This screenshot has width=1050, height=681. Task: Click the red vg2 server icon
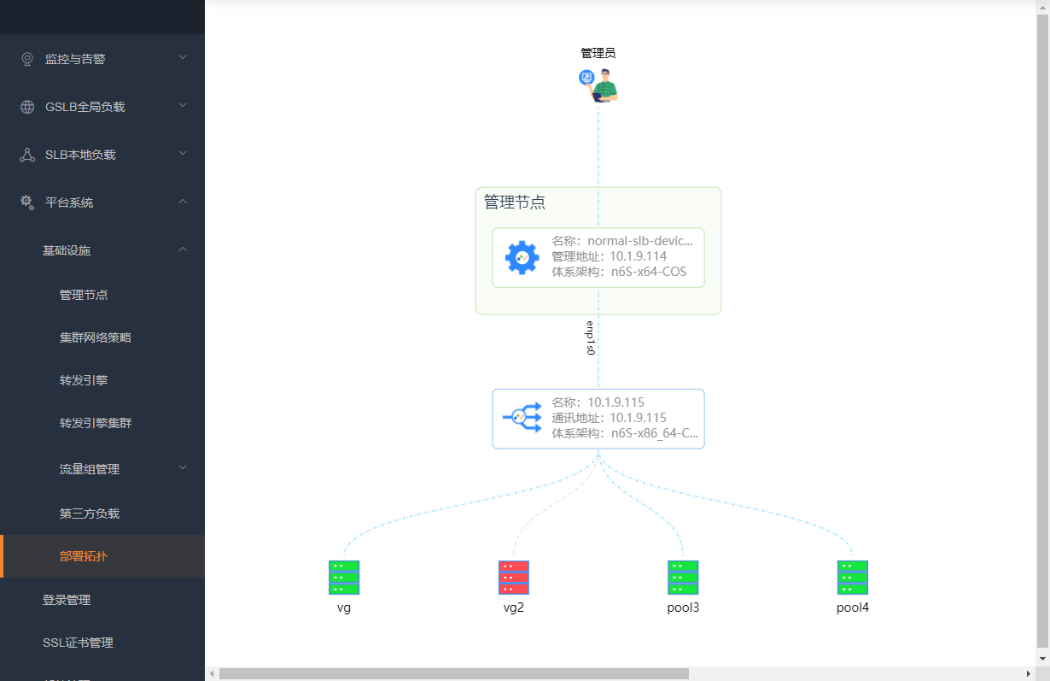(513, 578)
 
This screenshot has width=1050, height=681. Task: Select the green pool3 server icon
(683, 578)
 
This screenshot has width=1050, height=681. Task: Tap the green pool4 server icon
(852, 578)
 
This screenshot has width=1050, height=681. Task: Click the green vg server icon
(343, 578)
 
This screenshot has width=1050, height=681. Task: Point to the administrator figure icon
(598, 85)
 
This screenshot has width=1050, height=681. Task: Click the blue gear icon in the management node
(522, 257)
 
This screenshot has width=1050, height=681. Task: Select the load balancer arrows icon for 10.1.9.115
(522, 417)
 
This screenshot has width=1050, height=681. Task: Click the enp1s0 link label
(590, 338)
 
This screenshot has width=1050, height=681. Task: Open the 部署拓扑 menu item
(84, 556)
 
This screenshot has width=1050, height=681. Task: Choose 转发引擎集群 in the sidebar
(96, 423)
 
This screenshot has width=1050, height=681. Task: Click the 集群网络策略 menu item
(96, 338)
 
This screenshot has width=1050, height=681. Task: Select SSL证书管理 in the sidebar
(78, 643)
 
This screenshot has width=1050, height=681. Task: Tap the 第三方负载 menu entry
(90, 514)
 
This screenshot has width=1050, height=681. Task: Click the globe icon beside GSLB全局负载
(27, 107)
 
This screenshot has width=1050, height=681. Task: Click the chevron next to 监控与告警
(183, 57)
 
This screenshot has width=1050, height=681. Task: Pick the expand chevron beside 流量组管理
(183, 467)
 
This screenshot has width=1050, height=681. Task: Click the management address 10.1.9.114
(638, 256)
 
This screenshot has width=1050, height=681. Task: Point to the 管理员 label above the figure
(598, 53)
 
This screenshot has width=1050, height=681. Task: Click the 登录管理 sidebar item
(67, 600)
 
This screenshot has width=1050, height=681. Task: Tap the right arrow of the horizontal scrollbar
(1029, 673)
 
